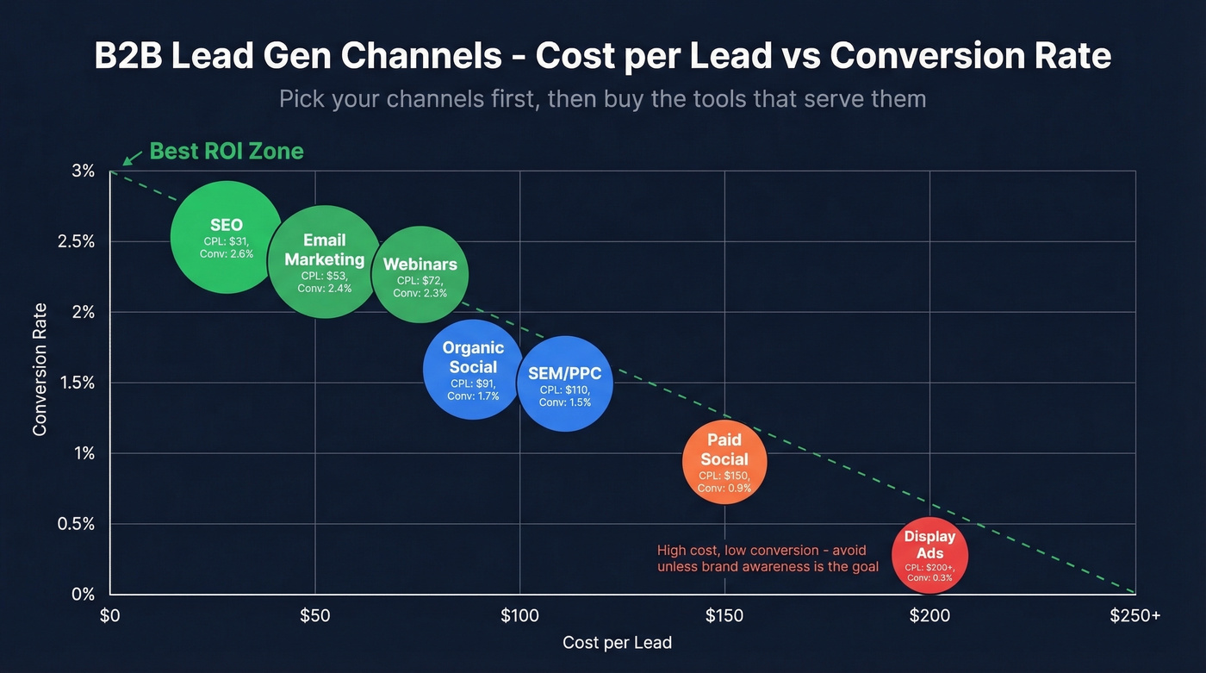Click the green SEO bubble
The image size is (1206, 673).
(x=226, y=237)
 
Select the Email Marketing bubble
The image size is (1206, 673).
(x=324, y=262)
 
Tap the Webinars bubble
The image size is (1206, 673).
(x=420, y=275)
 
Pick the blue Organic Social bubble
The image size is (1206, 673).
(x=473, y=369)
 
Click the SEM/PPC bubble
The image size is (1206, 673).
(x=565, y=383)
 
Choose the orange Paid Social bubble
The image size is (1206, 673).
(x=724, y=462)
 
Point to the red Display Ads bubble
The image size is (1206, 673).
(x=929, y=556)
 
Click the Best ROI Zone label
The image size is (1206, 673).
(x=227, y=152)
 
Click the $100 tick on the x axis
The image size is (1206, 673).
(x=519, y=616)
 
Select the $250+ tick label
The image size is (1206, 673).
(x=1135, y=616)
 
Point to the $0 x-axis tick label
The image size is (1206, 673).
(x=109, y=616)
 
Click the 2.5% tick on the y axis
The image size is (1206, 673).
(x=76, y=241)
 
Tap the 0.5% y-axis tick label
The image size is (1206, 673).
(x=76, y=524)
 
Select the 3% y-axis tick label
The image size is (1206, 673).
(x=83, y=171)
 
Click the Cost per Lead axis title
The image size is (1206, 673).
(x=617, y=643)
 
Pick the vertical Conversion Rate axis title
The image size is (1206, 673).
(x=40, y=369)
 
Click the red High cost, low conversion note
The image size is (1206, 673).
(x=768, y=558)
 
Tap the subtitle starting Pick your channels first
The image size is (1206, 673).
(x=602, y=98)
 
